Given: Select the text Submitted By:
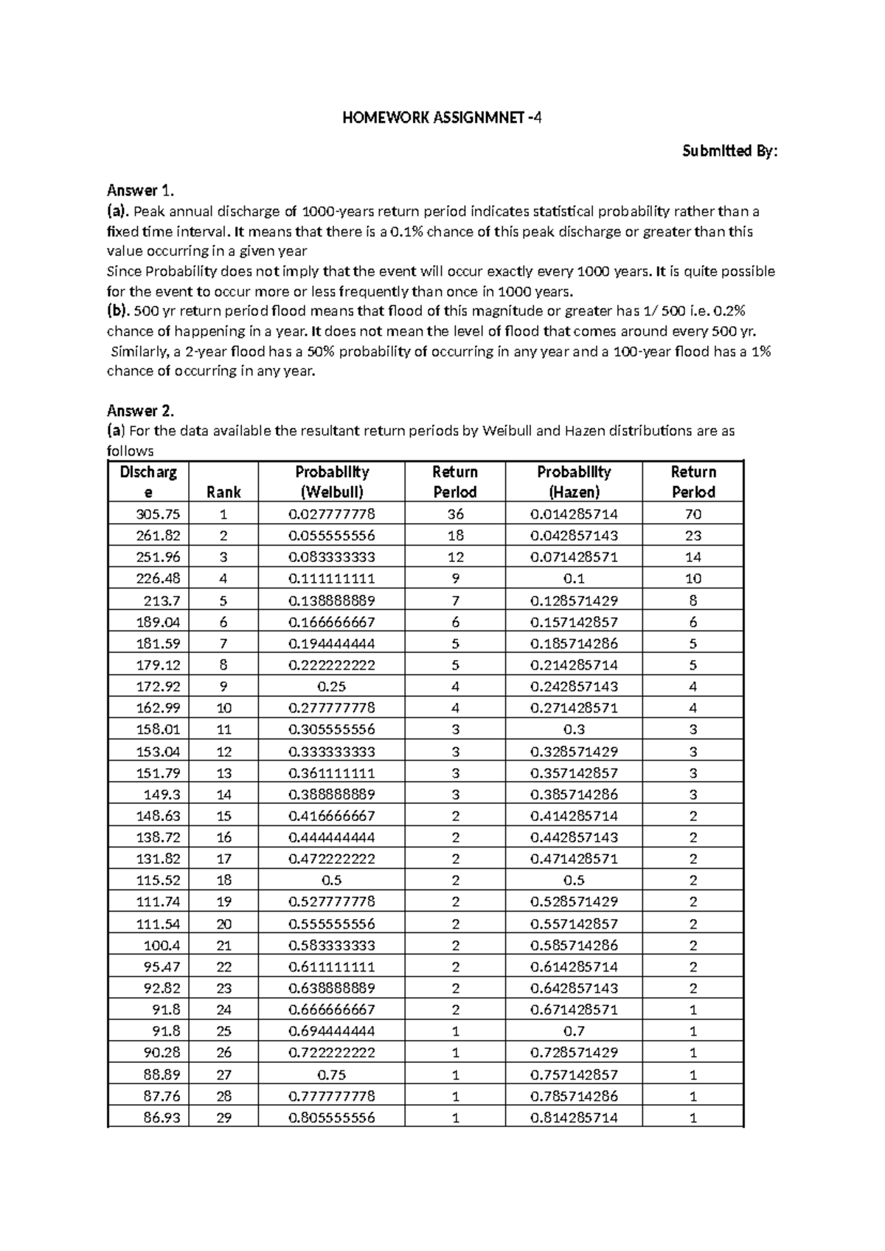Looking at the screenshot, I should click(x=729, y=151).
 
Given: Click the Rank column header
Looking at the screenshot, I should click(x=223, y=492).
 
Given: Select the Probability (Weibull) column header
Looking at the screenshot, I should click(x=332, y=482).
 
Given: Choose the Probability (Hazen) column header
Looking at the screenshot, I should click(x=574, y=482).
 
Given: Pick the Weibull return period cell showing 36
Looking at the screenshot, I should click(x=455, y=514).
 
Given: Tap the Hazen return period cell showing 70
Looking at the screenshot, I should click(x=693, y=514).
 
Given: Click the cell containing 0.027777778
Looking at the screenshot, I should click(x=332, y=514).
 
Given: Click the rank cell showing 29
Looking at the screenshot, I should click(x=223, y=1117).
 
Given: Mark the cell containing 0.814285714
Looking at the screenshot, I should click(x=574, y=1117).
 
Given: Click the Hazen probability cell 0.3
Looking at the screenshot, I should click(x=574, y=730).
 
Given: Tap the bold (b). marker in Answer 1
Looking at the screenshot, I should click(x=118, y=311).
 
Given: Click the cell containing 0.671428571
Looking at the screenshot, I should click(x=574, y=1009).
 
